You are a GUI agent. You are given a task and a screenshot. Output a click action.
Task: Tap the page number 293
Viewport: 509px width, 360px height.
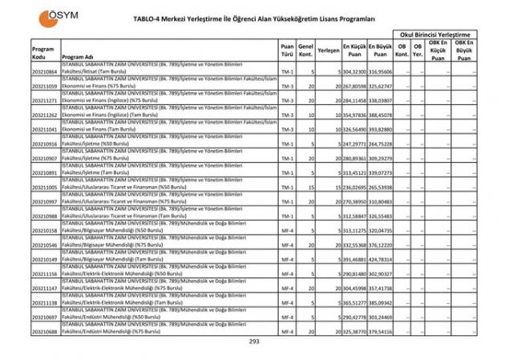point(254,341)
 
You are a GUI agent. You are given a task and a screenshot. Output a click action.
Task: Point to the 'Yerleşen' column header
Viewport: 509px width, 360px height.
point(327,49)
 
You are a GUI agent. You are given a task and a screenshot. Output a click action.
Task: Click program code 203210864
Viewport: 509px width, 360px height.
point(45,72)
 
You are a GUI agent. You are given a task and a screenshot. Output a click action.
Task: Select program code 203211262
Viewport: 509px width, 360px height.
point(45,115)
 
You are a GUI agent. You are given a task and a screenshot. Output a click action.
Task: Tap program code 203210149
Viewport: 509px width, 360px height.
point(45,259)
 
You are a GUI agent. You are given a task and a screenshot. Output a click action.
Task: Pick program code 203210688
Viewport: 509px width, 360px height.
point(45,331)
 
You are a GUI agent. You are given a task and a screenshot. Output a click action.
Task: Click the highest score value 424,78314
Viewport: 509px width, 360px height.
point(381,259)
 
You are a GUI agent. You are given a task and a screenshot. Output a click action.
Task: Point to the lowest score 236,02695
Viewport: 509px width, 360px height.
point(354,187)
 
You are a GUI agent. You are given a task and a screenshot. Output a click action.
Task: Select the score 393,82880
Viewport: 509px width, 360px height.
point(381,129)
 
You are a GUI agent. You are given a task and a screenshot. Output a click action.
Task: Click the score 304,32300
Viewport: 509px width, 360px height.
point(354,72)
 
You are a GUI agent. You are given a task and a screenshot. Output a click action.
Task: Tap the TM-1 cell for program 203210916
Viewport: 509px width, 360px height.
point(288,144)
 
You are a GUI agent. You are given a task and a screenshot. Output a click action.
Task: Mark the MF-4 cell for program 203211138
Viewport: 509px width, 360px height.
point(288,302)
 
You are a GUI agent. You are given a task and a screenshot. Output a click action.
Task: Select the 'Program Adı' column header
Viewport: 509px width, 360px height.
point(78,58)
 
